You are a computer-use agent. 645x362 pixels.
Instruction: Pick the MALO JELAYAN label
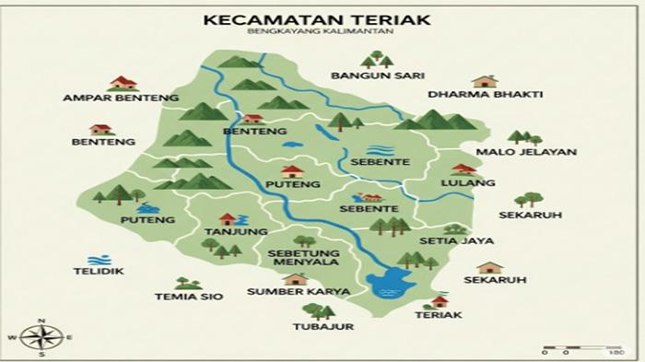coord(526,152)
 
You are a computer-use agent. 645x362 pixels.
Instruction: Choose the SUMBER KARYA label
coord(287,292)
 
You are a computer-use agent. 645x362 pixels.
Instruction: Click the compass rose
coord(41,336)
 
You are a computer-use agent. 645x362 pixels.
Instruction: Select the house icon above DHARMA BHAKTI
coord(485,81)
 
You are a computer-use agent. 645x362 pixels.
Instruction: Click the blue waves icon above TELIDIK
coord(92,260)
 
